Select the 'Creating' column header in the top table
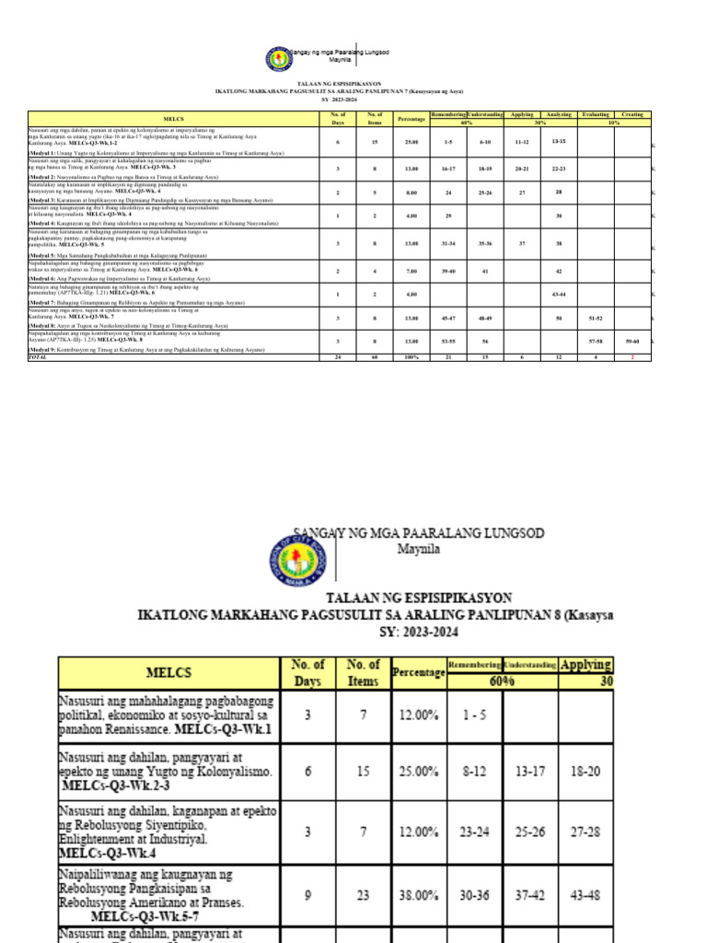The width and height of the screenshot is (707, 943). tap(632, 114)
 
